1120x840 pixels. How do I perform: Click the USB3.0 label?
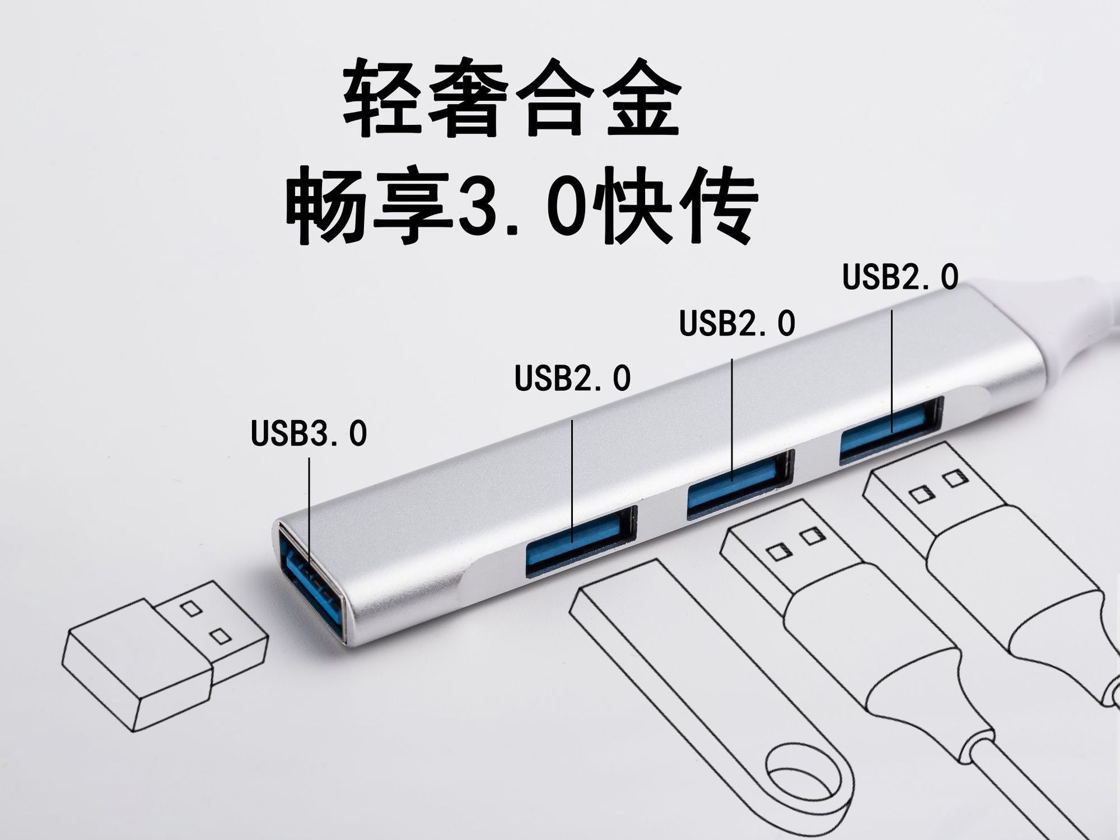click(309, 433)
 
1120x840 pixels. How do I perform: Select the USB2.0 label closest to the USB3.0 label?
click(572, 378)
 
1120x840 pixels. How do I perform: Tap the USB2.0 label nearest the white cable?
click(900, 276)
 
